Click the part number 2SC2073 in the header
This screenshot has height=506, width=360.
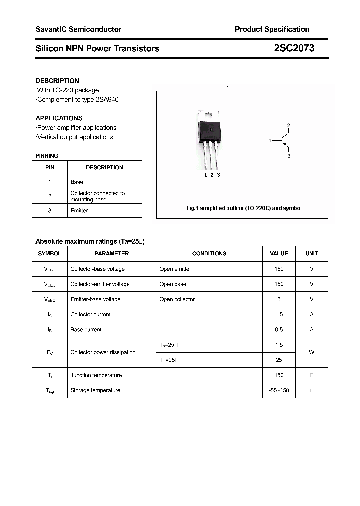(x=294, y=48)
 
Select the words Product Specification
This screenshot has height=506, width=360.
(x=272, y=29)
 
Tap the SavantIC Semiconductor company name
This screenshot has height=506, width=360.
(x=78, y=29)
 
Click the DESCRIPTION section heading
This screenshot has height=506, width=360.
(x=57, y=81)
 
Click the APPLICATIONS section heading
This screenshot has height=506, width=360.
(x=59, y=118)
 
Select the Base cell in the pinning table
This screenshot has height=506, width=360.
(x=77, y=182)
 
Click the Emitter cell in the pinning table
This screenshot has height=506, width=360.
(x=79, y=211)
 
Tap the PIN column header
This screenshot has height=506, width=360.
(x=50, y=168)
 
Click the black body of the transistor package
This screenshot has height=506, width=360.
(x=210, y=130)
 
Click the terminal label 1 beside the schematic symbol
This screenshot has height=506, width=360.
(x=270, y=141)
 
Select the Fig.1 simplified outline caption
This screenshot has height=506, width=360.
(x=244, y=208)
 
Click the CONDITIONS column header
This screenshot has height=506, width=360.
(x=209, y=254)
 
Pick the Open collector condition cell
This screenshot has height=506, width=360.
(x=177, y=300)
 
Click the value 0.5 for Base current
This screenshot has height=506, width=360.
(x=279, y=330)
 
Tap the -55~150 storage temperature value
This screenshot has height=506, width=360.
(x=279, y=391)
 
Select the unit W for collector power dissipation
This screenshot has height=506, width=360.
(x=311, y=352)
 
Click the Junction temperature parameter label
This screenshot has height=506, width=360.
(x=96, y=376)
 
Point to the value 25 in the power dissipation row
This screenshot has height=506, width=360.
(x=279, y=360)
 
